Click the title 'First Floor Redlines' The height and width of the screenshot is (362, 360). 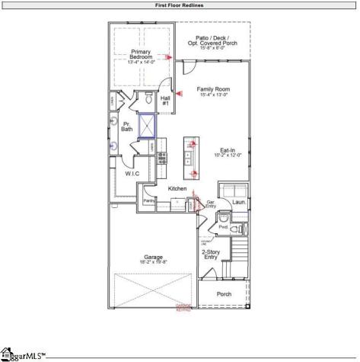pyautogui.click(x=180, y=5)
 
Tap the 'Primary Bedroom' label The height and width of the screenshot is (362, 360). pyautogui.click(x=141, y=56)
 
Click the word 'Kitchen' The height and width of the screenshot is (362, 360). pyautogui.click(x=177, y=188)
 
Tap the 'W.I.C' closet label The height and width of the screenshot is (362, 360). pyautogui.click(x=132, y=174)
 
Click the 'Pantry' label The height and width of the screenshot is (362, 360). pyautogui.click(x=149, y=200)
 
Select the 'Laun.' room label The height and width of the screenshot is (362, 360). pyautogui.click(x=238, y=203)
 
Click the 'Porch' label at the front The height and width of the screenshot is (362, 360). pyautogui.click(x=224, y=293)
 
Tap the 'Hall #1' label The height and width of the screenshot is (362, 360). pyautogui.click(x=166, y=101)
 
